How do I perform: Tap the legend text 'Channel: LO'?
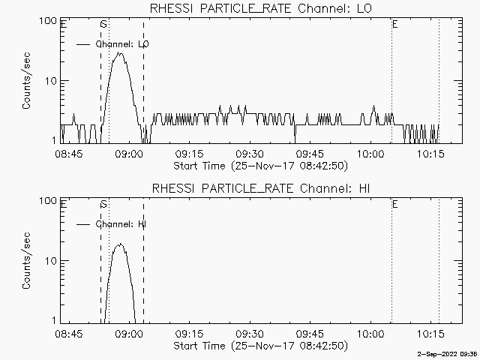[x=123, y=44]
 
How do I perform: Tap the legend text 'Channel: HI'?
[x=121, y=224]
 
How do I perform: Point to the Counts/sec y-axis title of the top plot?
[x=26, y=81]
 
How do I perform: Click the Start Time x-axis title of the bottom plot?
[x=259, y=346]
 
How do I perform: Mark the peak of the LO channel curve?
[x=118, y=53]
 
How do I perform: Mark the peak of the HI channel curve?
[x=118, y=244]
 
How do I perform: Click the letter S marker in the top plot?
[x=103, y=25]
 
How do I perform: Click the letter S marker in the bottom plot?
[x=103, y=205]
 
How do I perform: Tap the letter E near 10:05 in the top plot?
[x=394, y=25]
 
